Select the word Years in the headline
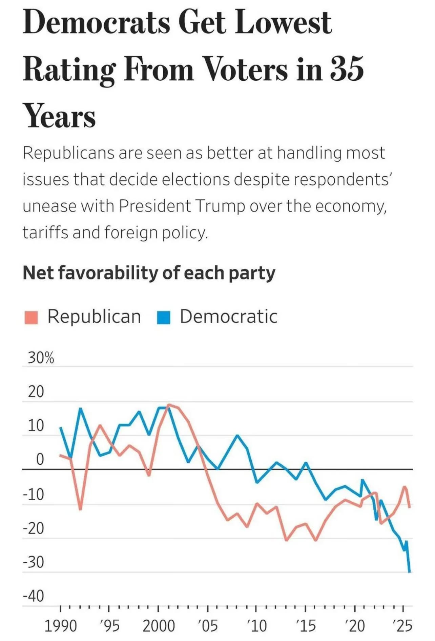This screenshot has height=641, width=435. point(59,116)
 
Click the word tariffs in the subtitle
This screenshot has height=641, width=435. point(45,233)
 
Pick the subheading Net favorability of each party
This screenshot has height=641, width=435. point(149,273)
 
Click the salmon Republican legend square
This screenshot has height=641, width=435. point(31,317)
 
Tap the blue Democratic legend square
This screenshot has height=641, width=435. point(164,317)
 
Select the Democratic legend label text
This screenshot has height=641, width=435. point(229,317)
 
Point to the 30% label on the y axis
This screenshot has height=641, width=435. point(41,358)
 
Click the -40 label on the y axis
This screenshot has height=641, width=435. point(34,596)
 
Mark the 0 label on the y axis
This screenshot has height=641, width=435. point(40,459)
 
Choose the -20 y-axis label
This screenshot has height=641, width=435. point(34,528)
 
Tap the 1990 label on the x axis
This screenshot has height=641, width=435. point(61,626)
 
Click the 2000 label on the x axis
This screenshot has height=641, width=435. point(159,626)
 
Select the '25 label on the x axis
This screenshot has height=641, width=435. point(403,626)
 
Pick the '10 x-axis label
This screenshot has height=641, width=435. point(256,626)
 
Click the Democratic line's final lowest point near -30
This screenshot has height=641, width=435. point(410,572)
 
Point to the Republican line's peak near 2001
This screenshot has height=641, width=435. point(169,405)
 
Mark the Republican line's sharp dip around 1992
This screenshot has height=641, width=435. point(80,509)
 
